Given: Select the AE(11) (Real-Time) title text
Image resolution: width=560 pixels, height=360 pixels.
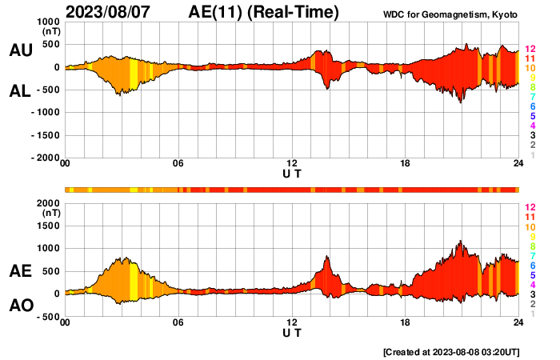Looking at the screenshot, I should pos(263,12).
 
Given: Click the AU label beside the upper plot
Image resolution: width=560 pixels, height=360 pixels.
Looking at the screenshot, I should pos(21,50).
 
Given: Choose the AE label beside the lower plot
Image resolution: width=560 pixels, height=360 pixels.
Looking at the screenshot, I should pos(21,272).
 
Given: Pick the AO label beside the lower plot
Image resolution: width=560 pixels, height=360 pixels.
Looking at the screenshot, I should pos(21,306).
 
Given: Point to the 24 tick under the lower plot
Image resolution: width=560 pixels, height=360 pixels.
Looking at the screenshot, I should pos(518,322).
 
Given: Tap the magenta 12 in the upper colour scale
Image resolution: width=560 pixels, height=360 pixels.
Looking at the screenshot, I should pos(530,50).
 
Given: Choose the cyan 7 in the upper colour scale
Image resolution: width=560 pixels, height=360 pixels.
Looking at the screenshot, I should pos(532,97).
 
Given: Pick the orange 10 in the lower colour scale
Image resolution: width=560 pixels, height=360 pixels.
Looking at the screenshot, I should pos(530,226).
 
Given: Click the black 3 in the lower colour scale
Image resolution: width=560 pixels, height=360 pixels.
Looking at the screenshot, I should pos(532,294).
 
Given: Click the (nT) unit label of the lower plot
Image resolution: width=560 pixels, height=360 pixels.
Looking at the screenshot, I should pos(50,214).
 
